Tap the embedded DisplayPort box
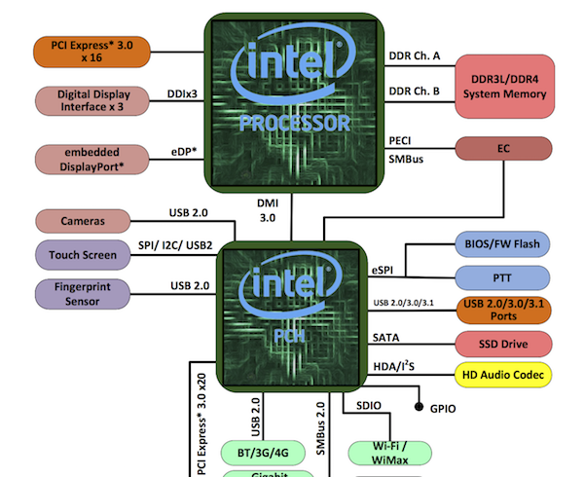[91, 160]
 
